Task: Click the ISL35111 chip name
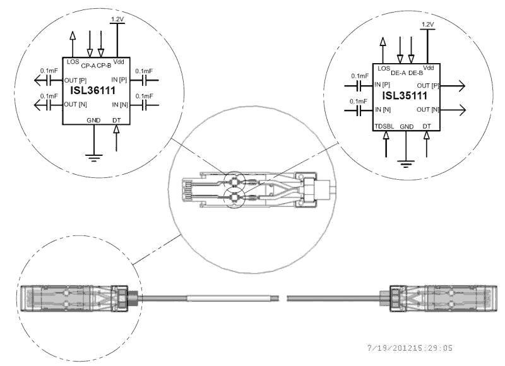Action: tap(405, 97)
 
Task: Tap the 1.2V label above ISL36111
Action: tap(117, 20)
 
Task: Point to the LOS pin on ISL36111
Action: tap(72, 62)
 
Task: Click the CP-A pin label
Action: tap(88, 64)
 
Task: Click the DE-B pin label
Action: tap(415, 73)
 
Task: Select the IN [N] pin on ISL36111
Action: tap(119, 104)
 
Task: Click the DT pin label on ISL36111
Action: tap(117, 119)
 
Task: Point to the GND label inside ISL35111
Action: tap(407, 126)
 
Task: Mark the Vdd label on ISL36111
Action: tap(119, 62)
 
